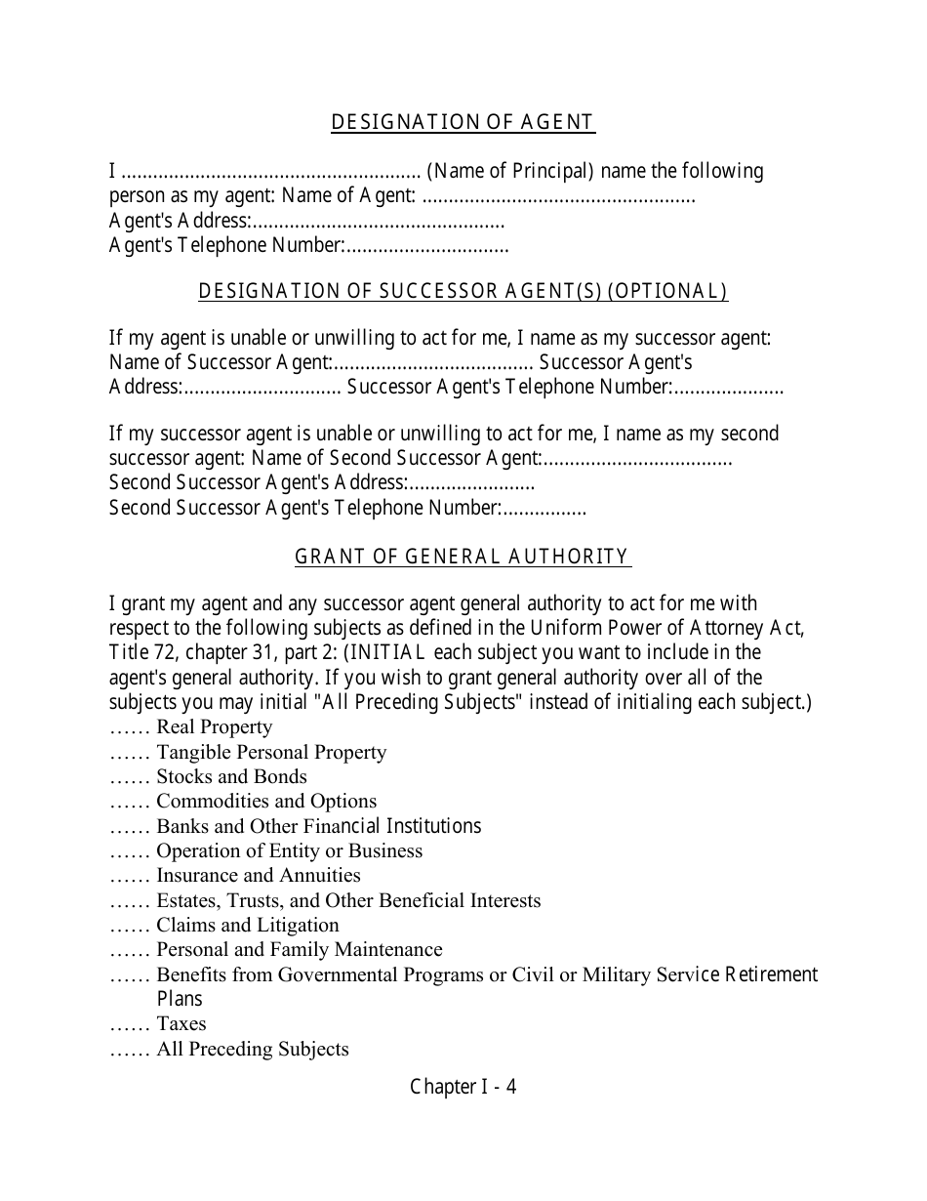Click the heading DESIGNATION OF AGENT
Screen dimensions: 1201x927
(463, 122)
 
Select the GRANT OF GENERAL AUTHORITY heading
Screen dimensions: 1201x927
(463, 557)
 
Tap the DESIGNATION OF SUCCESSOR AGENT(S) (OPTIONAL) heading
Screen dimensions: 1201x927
(463, 291)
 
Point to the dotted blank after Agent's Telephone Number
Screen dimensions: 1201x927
(427, 246)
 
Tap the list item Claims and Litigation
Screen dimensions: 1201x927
(248, 926)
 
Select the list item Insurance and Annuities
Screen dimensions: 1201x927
(259, 876)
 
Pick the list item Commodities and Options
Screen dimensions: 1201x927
(266, 802)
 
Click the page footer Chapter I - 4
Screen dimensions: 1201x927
(463, 1087)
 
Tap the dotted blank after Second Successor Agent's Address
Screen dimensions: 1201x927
(472, 483)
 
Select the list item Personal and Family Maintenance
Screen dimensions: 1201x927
(300, 950)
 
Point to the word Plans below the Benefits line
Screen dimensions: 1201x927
(180, 999)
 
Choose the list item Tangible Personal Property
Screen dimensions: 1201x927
(271, 753)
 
